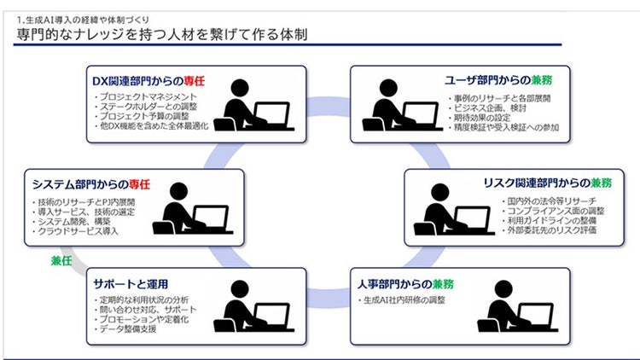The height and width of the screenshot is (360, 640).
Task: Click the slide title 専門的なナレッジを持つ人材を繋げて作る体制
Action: click(162, 34)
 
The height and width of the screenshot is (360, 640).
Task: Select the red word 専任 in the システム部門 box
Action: click(138, 183)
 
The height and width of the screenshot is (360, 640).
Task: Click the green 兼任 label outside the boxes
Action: click(62, 259)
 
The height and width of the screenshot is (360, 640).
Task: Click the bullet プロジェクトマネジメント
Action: click(148, 97)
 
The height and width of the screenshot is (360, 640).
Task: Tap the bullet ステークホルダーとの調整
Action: click(152, 107)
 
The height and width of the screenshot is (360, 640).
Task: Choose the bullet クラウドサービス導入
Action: click(78, 231)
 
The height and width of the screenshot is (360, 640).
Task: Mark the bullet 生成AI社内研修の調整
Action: click(404, 300)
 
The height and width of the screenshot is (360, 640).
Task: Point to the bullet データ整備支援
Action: click(127, 329)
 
